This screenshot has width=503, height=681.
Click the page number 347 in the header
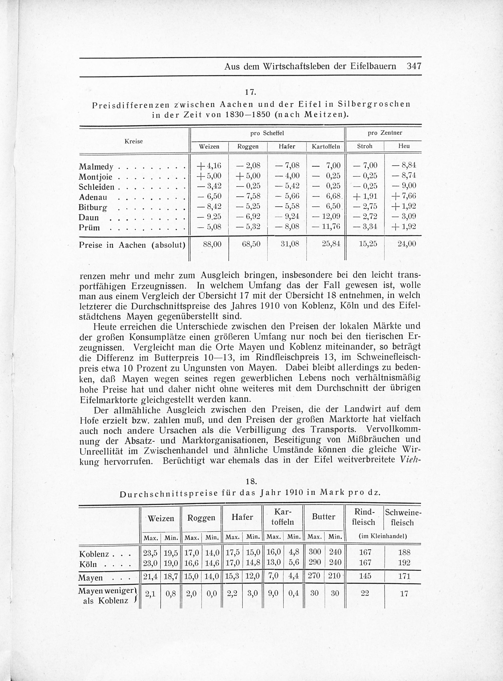coord(413,66)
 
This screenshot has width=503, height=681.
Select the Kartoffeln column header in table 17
coord(325,146)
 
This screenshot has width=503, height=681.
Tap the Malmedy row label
coord(96,167)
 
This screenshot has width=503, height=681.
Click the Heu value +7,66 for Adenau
coord(403,196)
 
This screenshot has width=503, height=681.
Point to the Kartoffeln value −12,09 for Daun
coord(327,217)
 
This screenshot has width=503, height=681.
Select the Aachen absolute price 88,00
coord(209,244)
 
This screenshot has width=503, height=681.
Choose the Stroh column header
coord(364,146)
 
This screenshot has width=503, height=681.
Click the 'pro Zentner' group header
coord(385,133)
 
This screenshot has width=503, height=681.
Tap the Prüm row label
coord(89,228)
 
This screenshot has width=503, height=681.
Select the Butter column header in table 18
coord(323,516)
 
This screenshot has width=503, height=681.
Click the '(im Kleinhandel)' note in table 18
coord(383,536)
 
